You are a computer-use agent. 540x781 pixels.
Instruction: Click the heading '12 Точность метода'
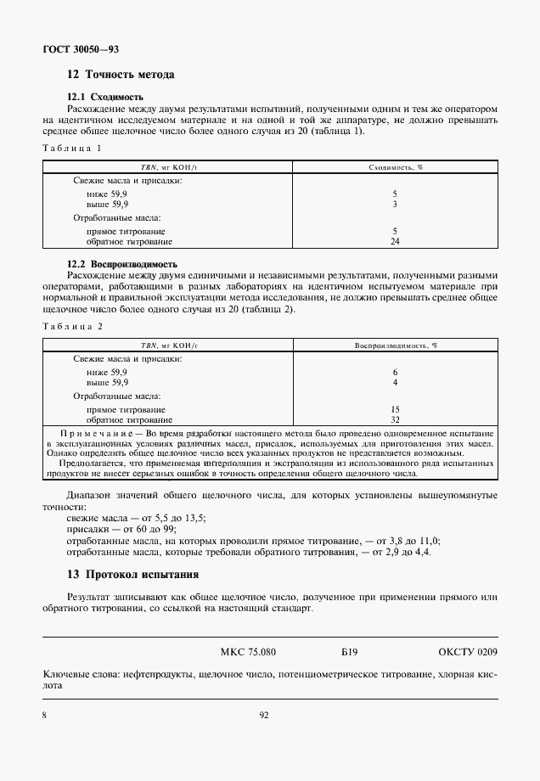pos(121,75)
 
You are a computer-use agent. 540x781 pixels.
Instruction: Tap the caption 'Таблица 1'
pos(72,149)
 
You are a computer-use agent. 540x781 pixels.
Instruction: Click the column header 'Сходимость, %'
pos(396,167)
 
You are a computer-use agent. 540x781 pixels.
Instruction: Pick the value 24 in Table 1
pos(396,241)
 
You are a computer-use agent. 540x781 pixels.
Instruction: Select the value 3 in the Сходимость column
pos(396,205)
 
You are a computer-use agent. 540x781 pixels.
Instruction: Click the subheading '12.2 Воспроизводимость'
pos(122,264)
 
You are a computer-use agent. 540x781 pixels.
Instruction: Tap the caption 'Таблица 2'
pos(72,326)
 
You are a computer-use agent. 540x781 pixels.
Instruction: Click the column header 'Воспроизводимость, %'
pos(396,346)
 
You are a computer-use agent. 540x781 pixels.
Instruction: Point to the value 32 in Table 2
pos(396,419)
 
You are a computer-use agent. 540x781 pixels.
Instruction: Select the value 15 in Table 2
pos(396,409)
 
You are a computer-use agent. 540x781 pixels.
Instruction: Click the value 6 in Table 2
pos(396,373)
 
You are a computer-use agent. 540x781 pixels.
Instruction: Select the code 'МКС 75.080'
pos(248,652)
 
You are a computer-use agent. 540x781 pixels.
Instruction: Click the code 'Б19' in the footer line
pos(349,652)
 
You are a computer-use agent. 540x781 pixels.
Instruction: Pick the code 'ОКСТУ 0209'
pos(468,652)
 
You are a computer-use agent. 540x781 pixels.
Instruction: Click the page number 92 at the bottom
pos(264,716)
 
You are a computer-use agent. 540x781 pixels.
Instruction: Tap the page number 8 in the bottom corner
pos(44,716)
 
